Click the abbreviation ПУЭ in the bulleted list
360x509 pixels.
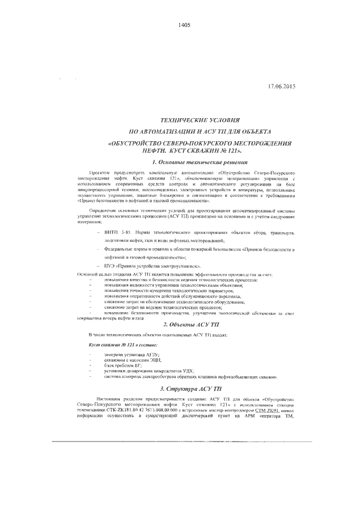(x=109, y=264)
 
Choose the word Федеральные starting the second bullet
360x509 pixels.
(x=120, y=248)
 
